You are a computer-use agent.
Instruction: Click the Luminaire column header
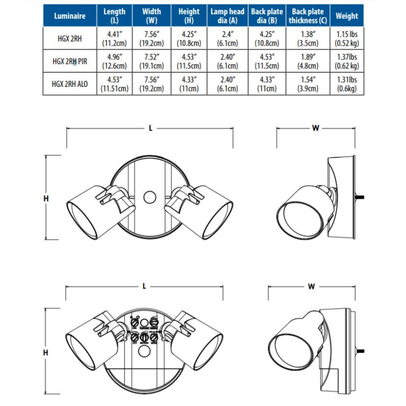[70, 16]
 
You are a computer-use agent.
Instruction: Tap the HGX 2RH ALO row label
[70, 84]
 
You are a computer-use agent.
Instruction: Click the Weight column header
[347, 16]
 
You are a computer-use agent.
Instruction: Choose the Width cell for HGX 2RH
[151, 39]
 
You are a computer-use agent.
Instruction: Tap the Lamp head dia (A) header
[227, 16]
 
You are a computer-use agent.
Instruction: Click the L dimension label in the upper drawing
[150, 128]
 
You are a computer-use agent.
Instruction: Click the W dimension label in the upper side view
[316, 128]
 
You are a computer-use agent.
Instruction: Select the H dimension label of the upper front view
[46, 198]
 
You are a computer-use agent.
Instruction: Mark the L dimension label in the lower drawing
[144, 286]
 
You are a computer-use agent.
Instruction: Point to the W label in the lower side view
[311, 287]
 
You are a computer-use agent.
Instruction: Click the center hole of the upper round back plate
[150, 197]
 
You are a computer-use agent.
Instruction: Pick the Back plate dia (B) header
[267, 16]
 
